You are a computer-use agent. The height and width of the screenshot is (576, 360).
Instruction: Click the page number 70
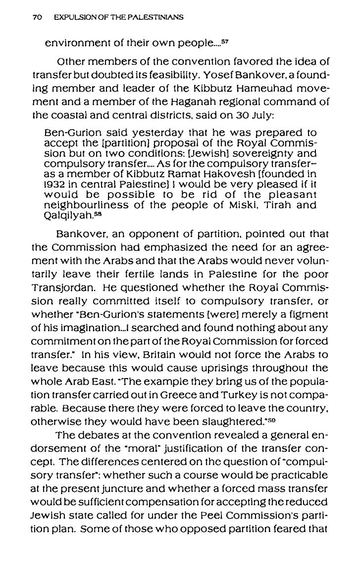click(36, 17)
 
